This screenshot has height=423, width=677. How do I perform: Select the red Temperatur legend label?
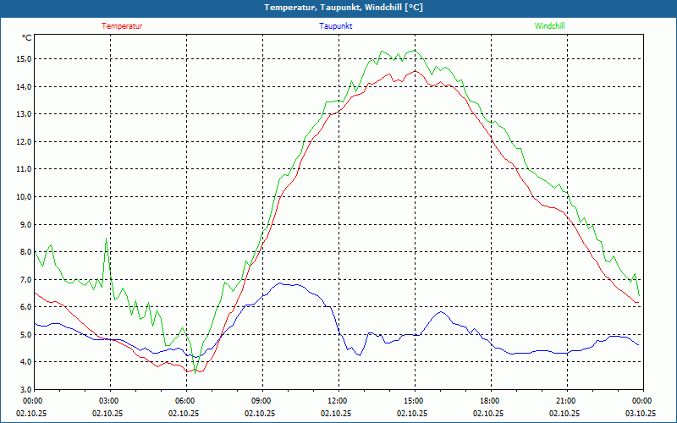point(122,26)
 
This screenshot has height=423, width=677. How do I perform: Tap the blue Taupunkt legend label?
point(336,26)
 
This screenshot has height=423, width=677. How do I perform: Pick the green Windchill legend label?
point(550,26)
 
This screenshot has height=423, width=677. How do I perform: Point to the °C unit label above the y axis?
point(27,38)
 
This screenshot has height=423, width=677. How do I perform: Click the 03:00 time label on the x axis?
point(109,401)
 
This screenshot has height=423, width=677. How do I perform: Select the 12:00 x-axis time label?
point(338,401)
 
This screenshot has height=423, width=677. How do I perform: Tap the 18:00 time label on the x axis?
point(490,401)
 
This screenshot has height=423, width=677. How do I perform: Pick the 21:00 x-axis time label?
point(566,401)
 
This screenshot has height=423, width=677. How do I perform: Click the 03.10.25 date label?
point(641,414)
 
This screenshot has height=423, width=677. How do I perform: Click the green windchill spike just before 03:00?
point(106,239)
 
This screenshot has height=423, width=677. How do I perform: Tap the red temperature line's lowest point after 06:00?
point(195,372)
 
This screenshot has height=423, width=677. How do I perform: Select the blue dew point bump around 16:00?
point(441,312)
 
